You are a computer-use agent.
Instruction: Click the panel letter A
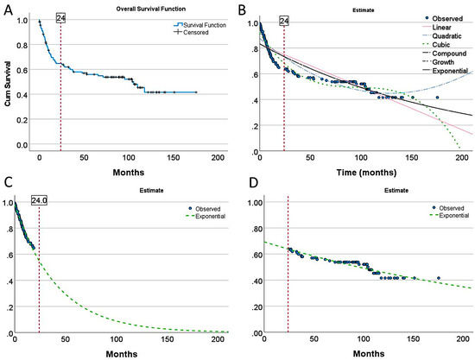[8, 10]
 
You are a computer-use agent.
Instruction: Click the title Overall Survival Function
[151, 9]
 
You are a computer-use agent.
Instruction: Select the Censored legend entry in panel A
[191, 32]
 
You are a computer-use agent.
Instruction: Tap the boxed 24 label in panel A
[61, 18]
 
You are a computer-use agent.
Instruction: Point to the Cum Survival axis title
[8, 84]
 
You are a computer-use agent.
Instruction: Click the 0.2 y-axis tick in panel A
[22, 120]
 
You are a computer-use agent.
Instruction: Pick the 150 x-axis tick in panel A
[174, 157]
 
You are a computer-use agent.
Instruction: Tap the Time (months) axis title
[366, 173]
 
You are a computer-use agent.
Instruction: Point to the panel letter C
[9, 181]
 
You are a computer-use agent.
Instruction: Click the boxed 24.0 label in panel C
[40, 200]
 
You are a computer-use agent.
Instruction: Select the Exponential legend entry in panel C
[206, 216]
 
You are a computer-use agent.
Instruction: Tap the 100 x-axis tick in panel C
[117, 339]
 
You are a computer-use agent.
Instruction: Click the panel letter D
[254, 183]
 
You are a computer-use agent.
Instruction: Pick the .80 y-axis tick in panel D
[255, 228]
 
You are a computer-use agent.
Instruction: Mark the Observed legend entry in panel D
[448, 208]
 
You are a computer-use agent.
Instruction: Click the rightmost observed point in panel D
[439, 278]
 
